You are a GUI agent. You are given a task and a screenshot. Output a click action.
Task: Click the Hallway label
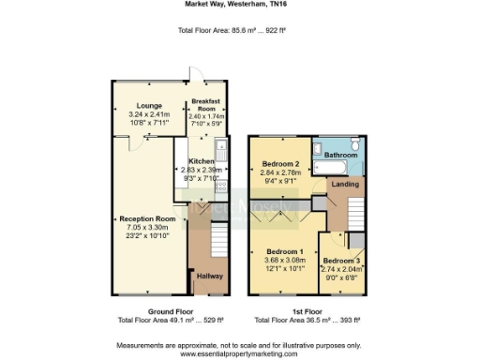point(207,275)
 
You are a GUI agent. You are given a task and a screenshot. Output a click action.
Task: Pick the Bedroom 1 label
point(285,251)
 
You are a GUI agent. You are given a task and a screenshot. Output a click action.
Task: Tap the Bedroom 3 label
point(341,259)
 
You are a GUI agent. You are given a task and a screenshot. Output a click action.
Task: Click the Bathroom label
point(342,154)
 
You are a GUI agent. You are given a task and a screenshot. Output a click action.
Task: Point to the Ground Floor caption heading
point(148,310)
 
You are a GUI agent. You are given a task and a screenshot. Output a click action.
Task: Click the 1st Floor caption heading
point(307,310)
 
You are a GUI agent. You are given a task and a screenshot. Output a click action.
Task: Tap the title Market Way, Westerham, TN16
point(239,5)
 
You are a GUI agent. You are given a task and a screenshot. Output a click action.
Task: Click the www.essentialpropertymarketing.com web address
point(239,354)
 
